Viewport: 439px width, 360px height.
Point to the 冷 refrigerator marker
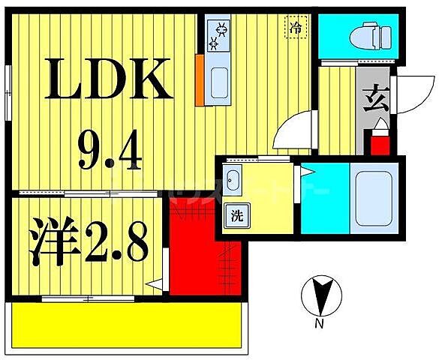297,27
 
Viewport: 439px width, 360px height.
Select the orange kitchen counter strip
199,79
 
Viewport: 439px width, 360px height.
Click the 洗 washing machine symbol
236,218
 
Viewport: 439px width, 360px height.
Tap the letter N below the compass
319,325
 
